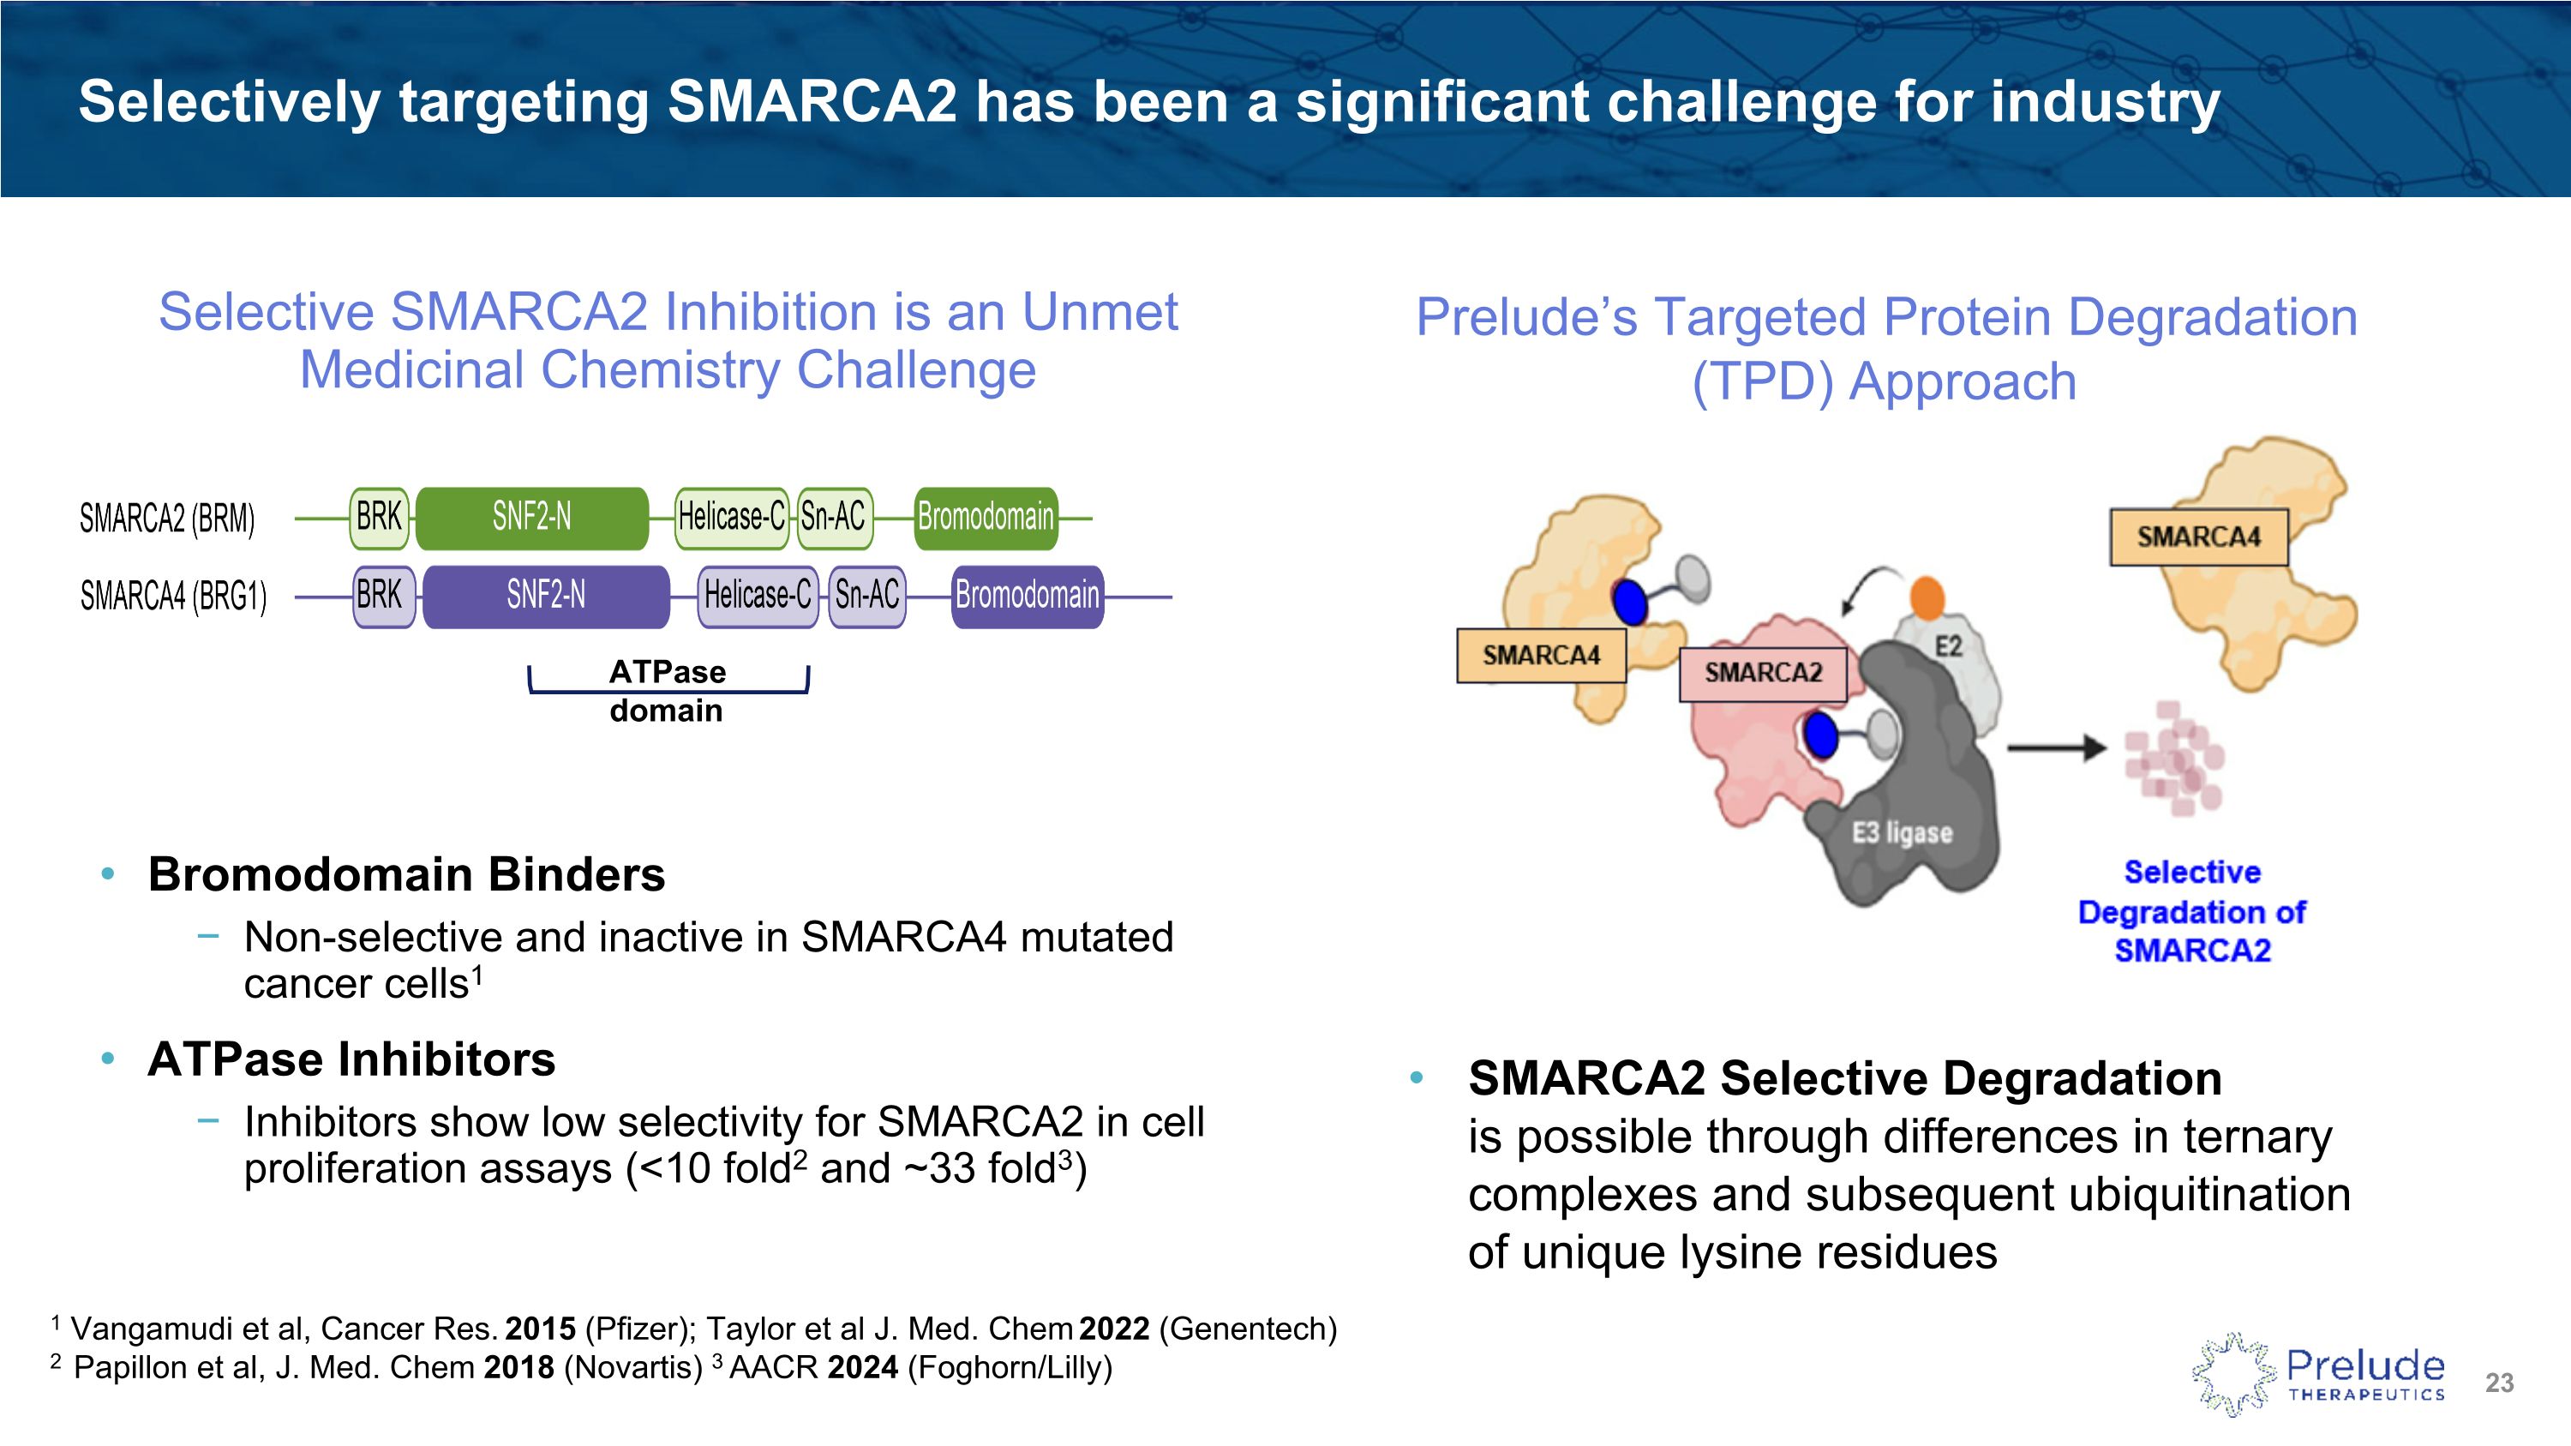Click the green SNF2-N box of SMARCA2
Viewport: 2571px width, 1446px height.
(531, 518)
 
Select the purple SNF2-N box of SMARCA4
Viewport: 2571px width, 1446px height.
(546, 596)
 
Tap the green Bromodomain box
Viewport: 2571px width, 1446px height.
(985, 518)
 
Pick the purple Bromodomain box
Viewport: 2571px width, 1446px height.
(1027, 596)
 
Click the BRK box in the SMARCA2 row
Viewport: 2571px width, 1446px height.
(380, 518)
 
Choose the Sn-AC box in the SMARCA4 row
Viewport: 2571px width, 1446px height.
(866, 596)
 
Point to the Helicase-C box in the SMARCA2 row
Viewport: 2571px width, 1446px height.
(732, 518)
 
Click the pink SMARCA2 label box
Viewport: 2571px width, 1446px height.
(1763, 674)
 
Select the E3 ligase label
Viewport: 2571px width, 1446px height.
(1903, 832)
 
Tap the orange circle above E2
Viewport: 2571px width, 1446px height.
(1927, 597)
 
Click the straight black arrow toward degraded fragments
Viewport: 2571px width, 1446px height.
(2056, 747)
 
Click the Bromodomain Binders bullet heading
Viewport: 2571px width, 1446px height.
(406, 874)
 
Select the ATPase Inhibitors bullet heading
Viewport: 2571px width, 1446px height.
(351, 1059)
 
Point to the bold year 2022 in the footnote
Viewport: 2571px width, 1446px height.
(1114, 1329)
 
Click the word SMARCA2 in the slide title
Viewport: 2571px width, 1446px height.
(812, 102)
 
